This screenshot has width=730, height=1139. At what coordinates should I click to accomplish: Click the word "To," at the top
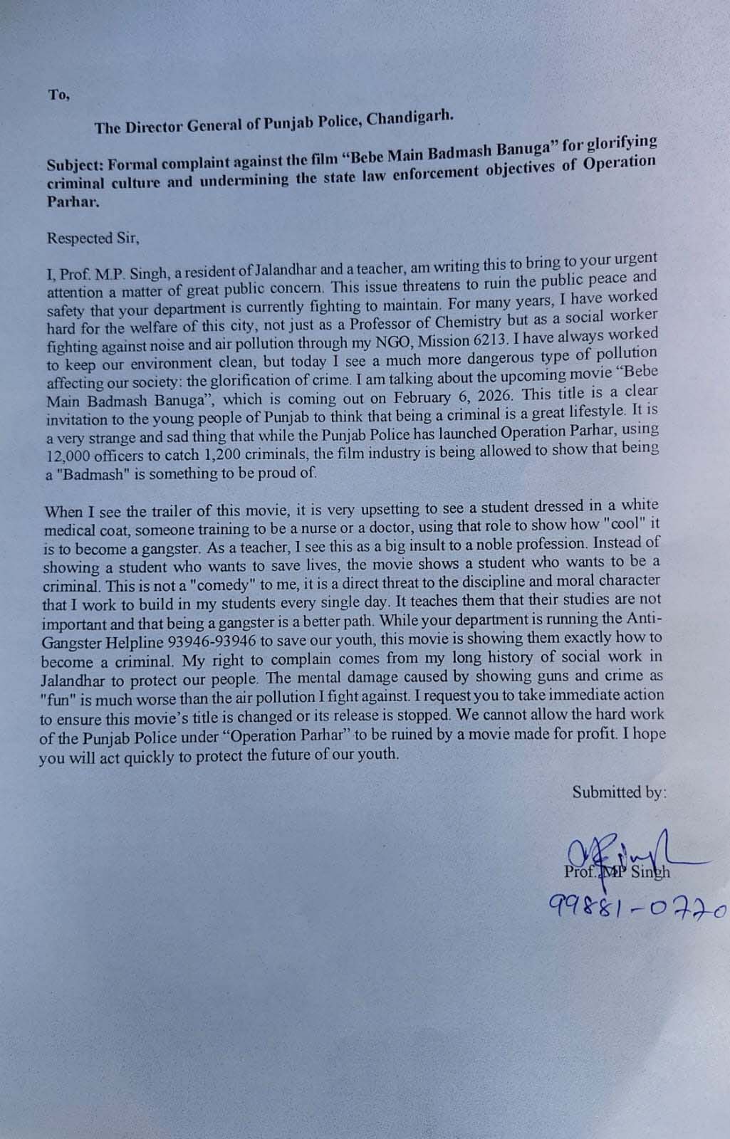point(58,95)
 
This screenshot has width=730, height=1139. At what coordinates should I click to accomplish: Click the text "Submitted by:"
point(619,792)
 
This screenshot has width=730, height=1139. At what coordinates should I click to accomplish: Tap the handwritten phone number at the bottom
point(637,906)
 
